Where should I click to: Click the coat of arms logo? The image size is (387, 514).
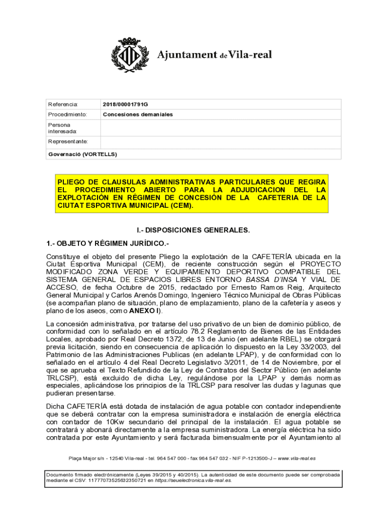[131, 55]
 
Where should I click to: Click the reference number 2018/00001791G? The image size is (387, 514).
[126, 104]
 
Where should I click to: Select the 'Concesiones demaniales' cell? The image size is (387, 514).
[138, 114]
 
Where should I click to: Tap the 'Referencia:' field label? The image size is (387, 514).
[63, 104]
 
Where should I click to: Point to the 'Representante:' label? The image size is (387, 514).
[68, 142]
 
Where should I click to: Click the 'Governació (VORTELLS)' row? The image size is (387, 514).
[82, 154]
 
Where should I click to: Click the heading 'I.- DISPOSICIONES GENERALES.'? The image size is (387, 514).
[193, 230]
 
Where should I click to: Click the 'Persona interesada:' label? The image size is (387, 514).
[59, 128]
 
